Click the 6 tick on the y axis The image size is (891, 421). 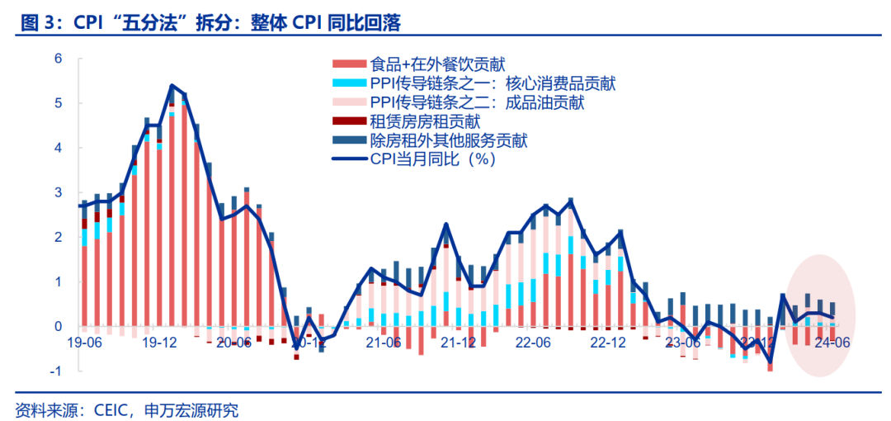(59, 59)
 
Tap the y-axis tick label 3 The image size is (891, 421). (59, 192)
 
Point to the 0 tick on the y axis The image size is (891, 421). (59, 326)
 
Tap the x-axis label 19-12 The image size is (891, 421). (158, 342)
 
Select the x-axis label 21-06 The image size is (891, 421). (384, 342)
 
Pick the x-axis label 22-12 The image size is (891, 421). (609, 342)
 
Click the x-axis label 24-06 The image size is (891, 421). (832, 342)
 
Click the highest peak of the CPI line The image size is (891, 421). (171, 85)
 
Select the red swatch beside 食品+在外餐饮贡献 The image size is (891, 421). (348, 64)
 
